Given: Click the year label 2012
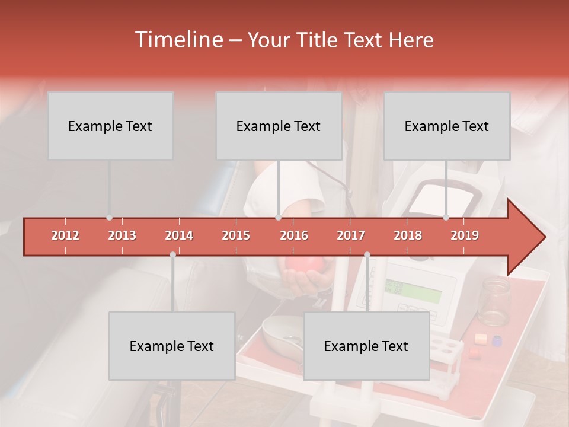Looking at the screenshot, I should coord(65,235).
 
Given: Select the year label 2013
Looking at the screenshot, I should coord(122,235).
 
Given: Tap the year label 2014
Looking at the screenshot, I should coord(179,235).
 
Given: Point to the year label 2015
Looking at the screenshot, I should coord(236,235).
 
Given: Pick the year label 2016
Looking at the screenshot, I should coord(294,235).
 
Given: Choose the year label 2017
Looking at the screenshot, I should coord(351,235).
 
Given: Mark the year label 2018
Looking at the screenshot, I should coord(408,235).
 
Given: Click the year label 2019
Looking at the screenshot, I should coord(465,235).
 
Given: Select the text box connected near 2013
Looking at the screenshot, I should coord(110,126).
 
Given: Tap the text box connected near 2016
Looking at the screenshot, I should coord(279,126).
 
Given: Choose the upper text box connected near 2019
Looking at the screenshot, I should coord(447,126).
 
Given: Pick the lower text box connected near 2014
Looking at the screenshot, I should coord(172,346).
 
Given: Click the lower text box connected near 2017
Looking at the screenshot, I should coord(366,346).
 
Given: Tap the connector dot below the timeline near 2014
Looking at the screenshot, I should coord(172,254).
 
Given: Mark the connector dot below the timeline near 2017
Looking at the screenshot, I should coord(367,254).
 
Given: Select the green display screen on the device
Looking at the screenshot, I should coord(413,291).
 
